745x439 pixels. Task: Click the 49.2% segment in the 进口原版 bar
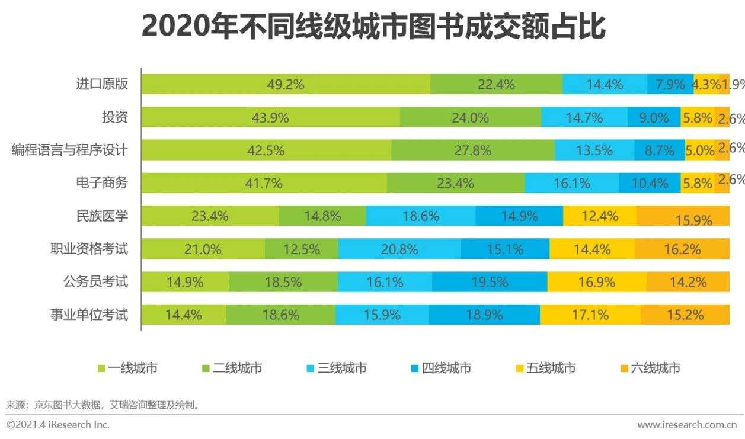point(286,84)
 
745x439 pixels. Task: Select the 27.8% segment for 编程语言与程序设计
point(472,150)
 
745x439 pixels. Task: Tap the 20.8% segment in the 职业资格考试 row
point(399,249)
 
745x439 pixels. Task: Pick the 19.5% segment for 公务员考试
point(489,282)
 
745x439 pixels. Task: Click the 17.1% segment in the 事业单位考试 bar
point(590,315)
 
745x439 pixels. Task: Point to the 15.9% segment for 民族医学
point(683,216)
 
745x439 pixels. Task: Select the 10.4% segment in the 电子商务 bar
point(650,183)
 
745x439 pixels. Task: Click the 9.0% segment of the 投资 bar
point(654,117)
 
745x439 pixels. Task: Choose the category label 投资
point(114,117)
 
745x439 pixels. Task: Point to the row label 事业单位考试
point(89,315)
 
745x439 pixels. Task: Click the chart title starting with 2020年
point(373,27)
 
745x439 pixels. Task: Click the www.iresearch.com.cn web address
point(686,424)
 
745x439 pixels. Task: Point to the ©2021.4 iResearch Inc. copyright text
point(58,424)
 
